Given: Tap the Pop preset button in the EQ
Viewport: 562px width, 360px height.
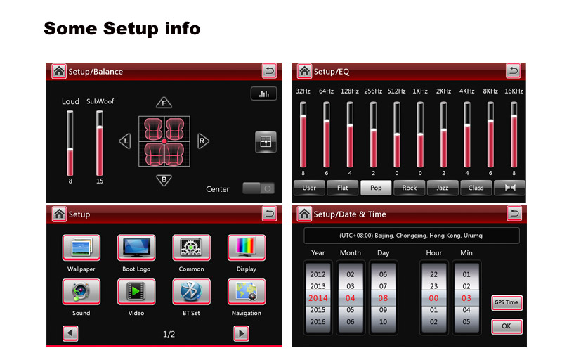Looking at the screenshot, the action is coord(376,188).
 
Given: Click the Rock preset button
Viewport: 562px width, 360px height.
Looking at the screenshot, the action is coord(409,188).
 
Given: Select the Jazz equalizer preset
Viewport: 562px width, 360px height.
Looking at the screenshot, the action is coord(443,188).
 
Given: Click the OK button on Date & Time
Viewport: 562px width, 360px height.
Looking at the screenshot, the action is coord(506,326).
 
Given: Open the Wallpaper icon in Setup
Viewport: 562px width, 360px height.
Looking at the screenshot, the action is coord(81,247).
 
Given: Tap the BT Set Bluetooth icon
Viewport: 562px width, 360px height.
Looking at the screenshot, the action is coord(191,292).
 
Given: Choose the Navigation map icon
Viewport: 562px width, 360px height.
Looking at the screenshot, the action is coord(247,292).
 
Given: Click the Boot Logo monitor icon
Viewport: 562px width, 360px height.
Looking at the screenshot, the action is coord(136,247).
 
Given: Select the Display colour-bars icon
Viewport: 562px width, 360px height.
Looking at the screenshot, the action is coord(247,247).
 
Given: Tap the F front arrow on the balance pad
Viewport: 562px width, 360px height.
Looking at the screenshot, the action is coord(164,103).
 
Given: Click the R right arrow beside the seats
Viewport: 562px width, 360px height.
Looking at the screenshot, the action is coord(203,141).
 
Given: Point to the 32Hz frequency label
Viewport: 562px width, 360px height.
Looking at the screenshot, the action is coord(303,91).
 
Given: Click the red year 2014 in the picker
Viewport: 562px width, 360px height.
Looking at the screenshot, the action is coord(318,298).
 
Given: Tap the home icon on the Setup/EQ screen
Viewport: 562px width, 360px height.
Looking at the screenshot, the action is coord(304,71).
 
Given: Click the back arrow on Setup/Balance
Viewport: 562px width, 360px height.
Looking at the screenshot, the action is coord(269,70).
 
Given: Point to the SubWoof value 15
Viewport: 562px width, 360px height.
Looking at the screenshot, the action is coord(100,181).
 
